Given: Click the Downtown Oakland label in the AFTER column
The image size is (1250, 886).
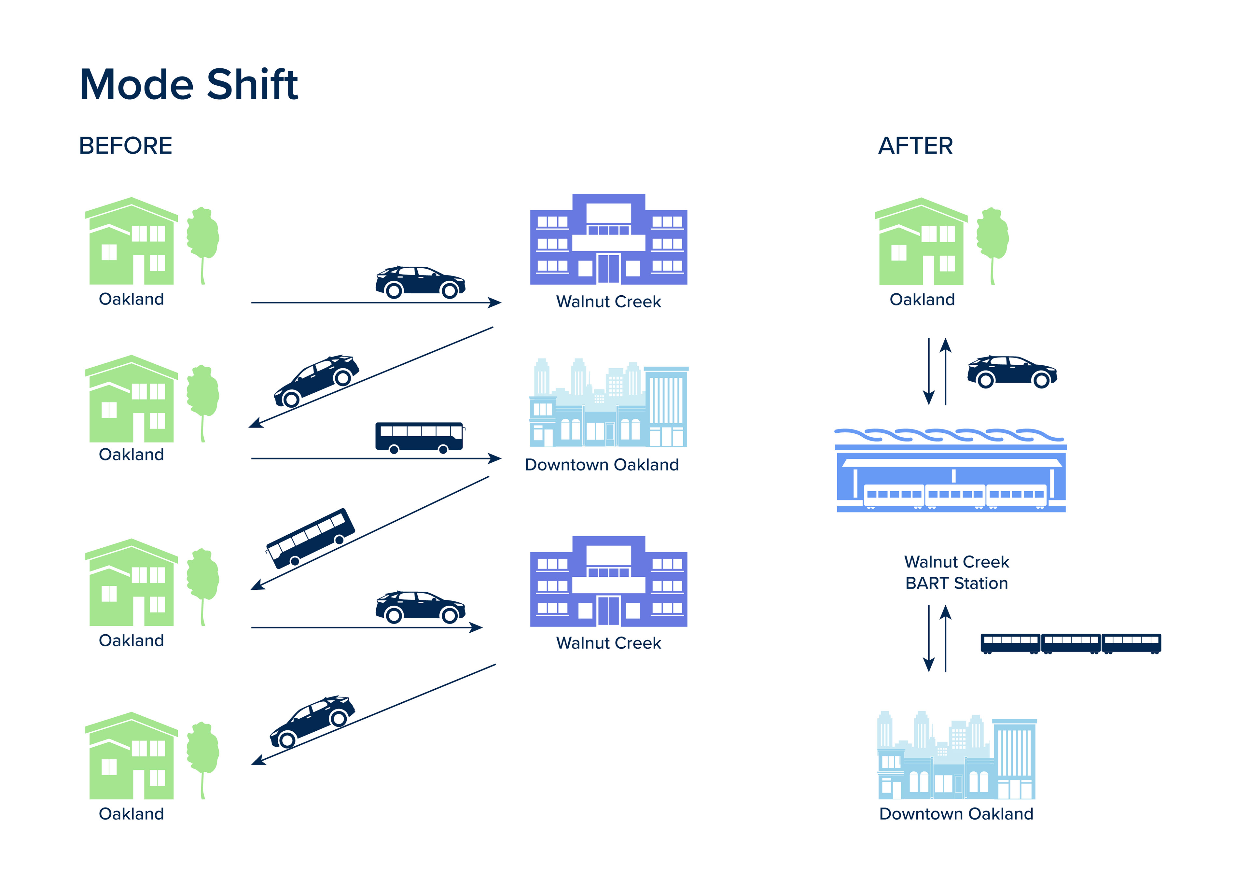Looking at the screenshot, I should click(956, 814).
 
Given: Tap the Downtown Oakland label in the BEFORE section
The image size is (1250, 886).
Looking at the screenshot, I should click(602, 465).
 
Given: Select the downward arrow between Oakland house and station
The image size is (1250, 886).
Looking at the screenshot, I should click(929, 371).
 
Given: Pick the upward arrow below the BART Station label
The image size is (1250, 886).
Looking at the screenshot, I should click(946, 638).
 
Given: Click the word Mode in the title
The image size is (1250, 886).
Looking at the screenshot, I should click(136, 85).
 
